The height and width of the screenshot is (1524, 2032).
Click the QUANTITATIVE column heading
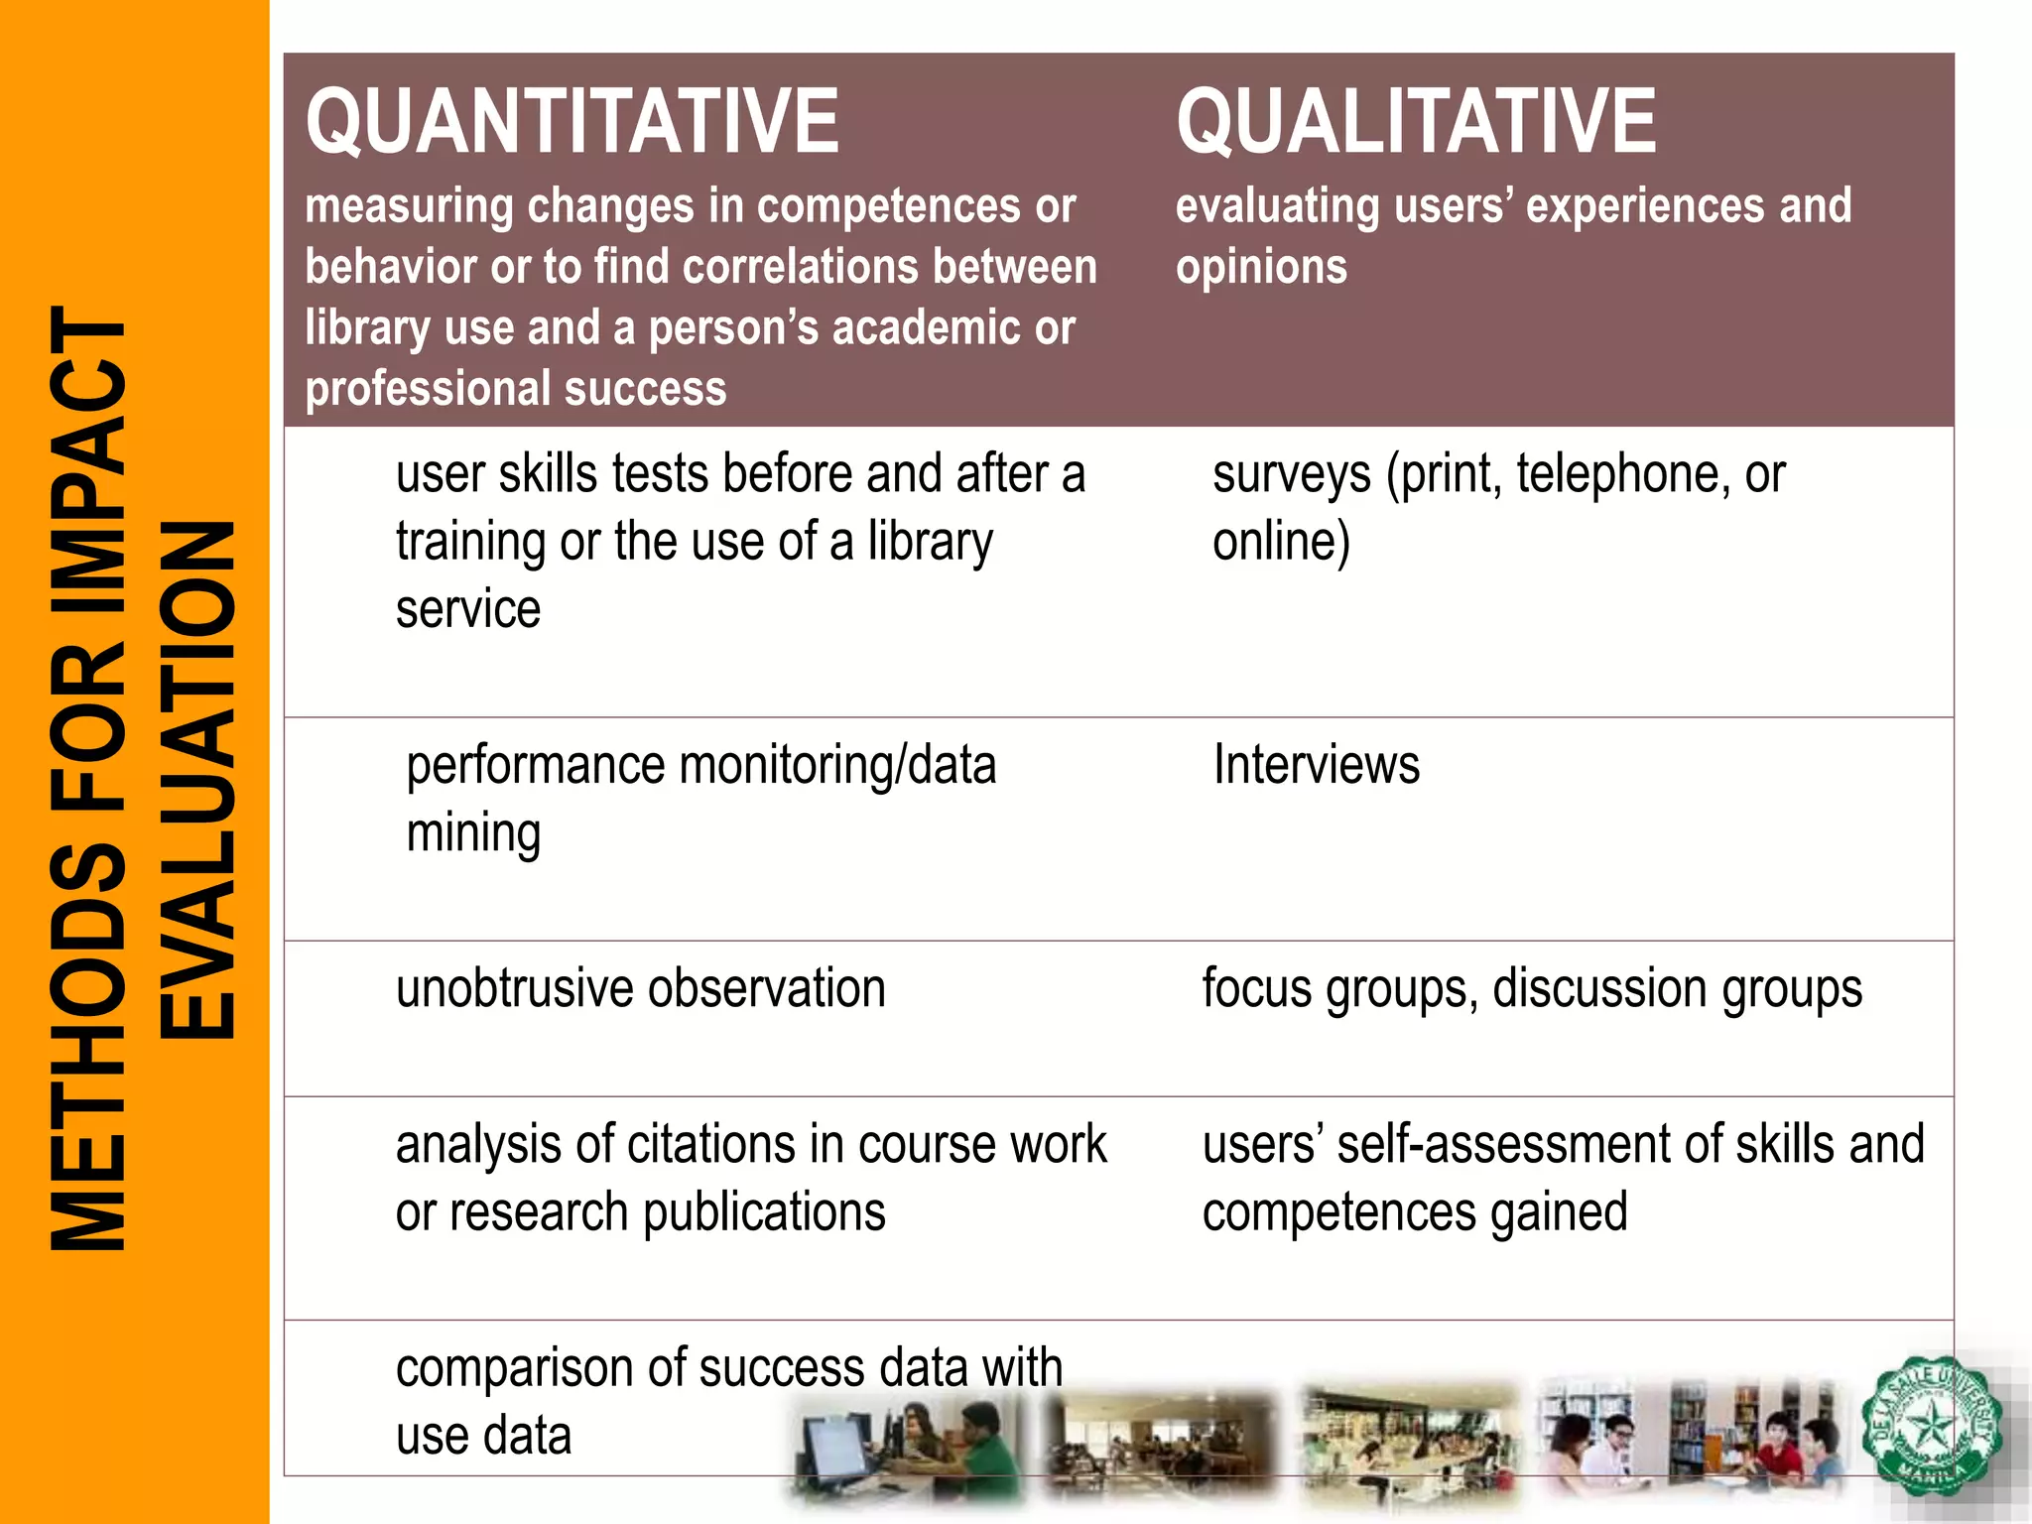tap(571, 121)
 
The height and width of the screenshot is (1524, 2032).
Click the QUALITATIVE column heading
tap(1415, 121)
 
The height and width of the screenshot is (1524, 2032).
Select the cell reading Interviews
tap(1316, 766)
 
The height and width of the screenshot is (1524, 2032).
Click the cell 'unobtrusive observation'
tap(640, 989)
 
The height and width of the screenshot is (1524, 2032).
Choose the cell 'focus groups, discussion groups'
tap(1532, 989)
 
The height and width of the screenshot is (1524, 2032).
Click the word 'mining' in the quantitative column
tap(473, 834)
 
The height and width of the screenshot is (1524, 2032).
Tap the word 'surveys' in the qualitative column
tap(1291, 474)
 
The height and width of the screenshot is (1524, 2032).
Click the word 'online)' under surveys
tap(1281, 543)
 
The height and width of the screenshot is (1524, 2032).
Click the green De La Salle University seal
tap(1930, 1427)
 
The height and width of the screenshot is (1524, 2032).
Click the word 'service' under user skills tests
tap(467, 609)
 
